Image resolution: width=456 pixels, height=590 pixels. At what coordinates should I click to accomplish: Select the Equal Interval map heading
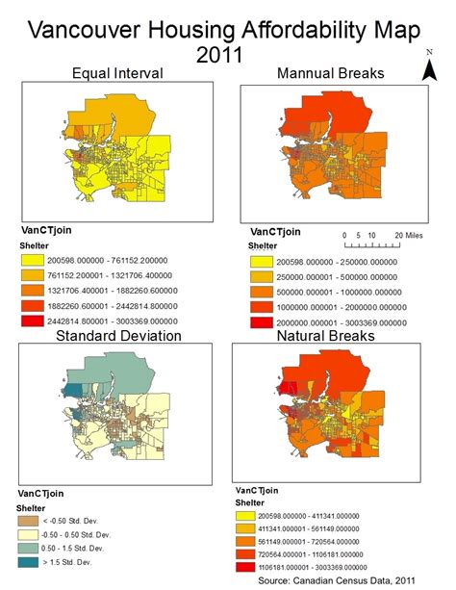(x=117, y=74)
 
